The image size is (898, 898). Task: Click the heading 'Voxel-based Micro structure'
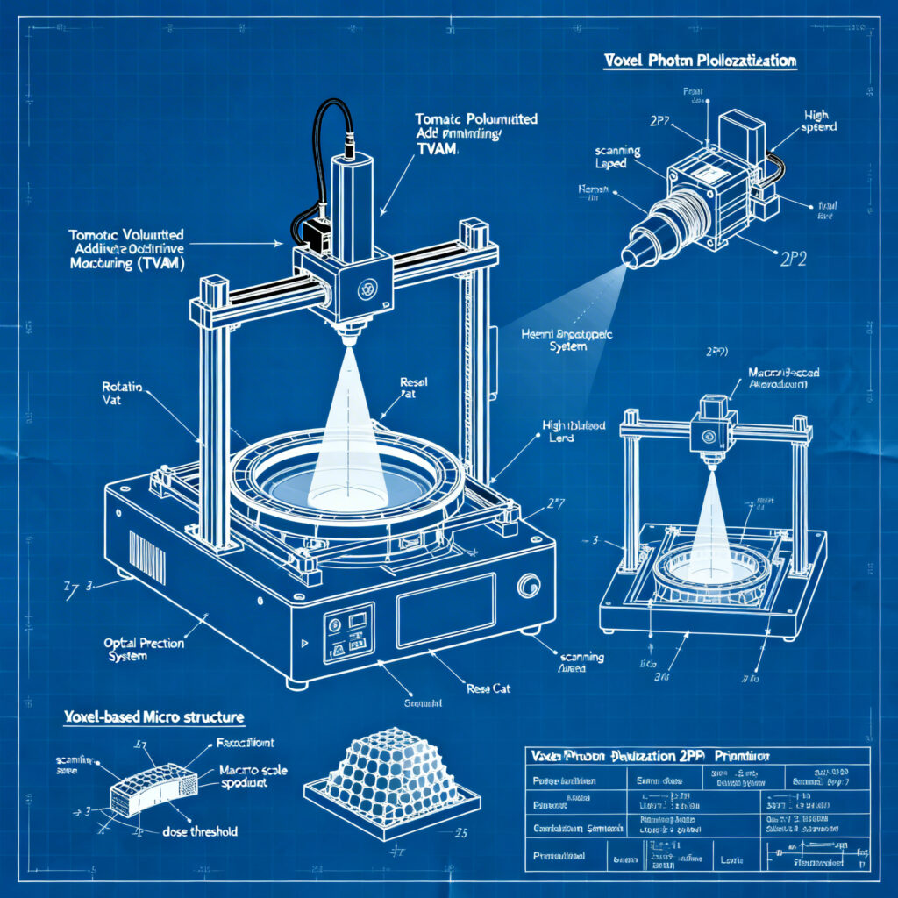point(153,718)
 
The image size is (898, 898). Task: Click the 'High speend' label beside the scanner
point(819,120)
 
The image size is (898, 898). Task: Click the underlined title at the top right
point(700,61)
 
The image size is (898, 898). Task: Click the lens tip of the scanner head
point(634,254)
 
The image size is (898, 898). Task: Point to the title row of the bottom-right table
point(696,753)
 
